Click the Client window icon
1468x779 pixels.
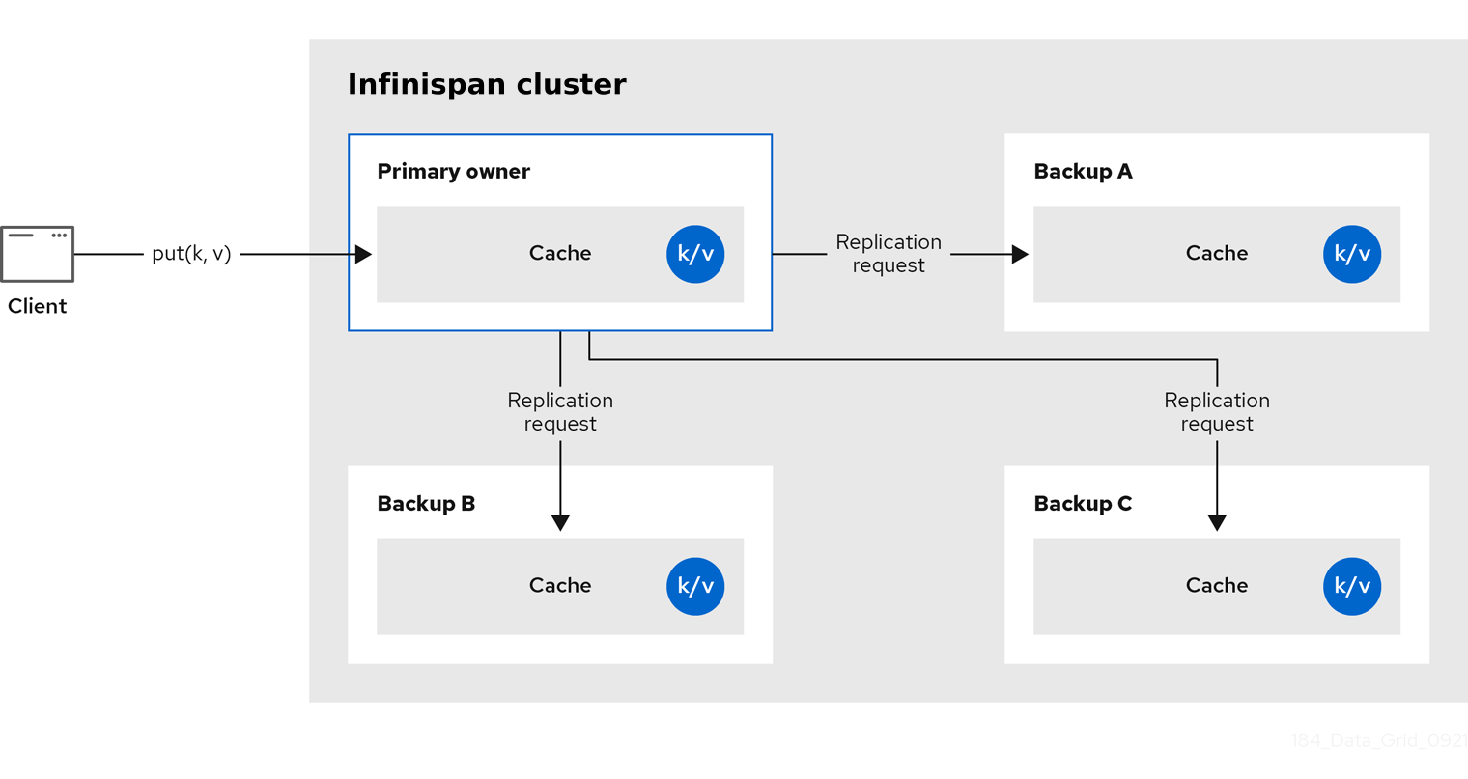point(37,254)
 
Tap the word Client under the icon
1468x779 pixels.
point(37,306)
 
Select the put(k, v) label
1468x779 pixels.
point(191,254)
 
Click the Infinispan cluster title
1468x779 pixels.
point(487,84)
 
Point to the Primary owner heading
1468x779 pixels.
point(453,172)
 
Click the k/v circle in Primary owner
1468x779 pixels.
point(695,254)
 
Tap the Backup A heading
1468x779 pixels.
point(1083,172)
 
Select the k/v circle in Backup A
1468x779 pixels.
point(1352,254)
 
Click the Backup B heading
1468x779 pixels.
point(426,504)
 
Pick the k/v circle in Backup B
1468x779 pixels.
point(695,586)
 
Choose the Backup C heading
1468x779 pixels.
point(1083,504)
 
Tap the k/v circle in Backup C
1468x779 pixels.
point(1352,586)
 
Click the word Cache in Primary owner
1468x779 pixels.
point(560,254)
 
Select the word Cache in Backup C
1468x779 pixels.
point(1217,586)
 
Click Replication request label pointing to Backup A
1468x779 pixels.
point(889,254)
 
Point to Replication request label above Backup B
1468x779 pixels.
point(560,412)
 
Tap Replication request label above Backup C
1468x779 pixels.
point(1217,412)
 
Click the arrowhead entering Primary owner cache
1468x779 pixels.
point(363,254)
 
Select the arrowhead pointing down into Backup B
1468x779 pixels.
point(560,522)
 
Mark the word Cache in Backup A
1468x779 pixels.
point(1217,254)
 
